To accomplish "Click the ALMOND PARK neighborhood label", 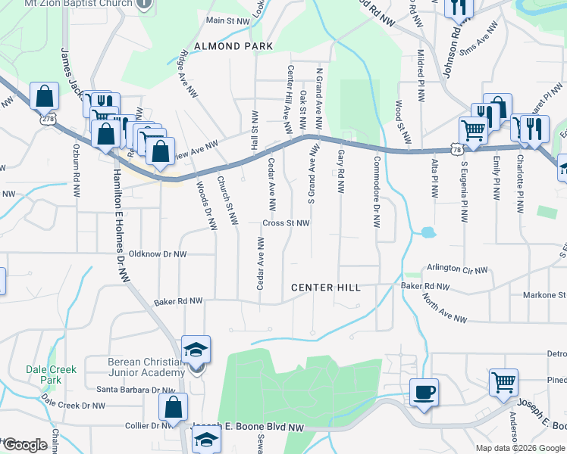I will pos(233,46).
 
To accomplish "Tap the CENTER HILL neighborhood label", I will pos(326,288).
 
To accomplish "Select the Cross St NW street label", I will pos(286,223).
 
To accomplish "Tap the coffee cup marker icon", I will pos(424,393).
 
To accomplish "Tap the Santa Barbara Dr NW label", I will pos(136,390).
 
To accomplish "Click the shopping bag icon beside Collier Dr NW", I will pos(173,406).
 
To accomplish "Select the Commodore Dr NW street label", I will pos(376,193).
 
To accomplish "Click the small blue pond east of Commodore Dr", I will pos(427,232).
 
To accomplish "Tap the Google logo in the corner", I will pos(24,445).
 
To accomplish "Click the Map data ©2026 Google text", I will pos(519,448).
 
